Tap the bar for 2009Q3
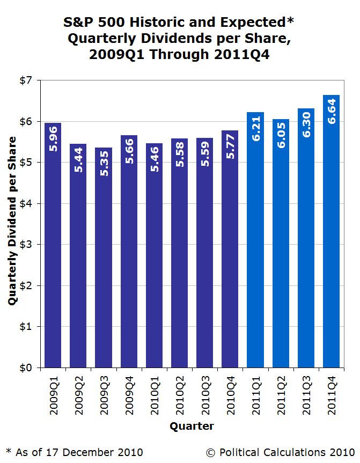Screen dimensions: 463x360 point(104,268)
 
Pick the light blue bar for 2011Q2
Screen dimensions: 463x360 point(281,252)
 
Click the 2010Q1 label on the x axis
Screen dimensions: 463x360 point(154,394)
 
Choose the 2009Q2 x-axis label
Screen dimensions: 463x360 point(78,394)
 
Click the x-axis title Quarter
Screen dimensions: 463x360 point(192,427)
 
